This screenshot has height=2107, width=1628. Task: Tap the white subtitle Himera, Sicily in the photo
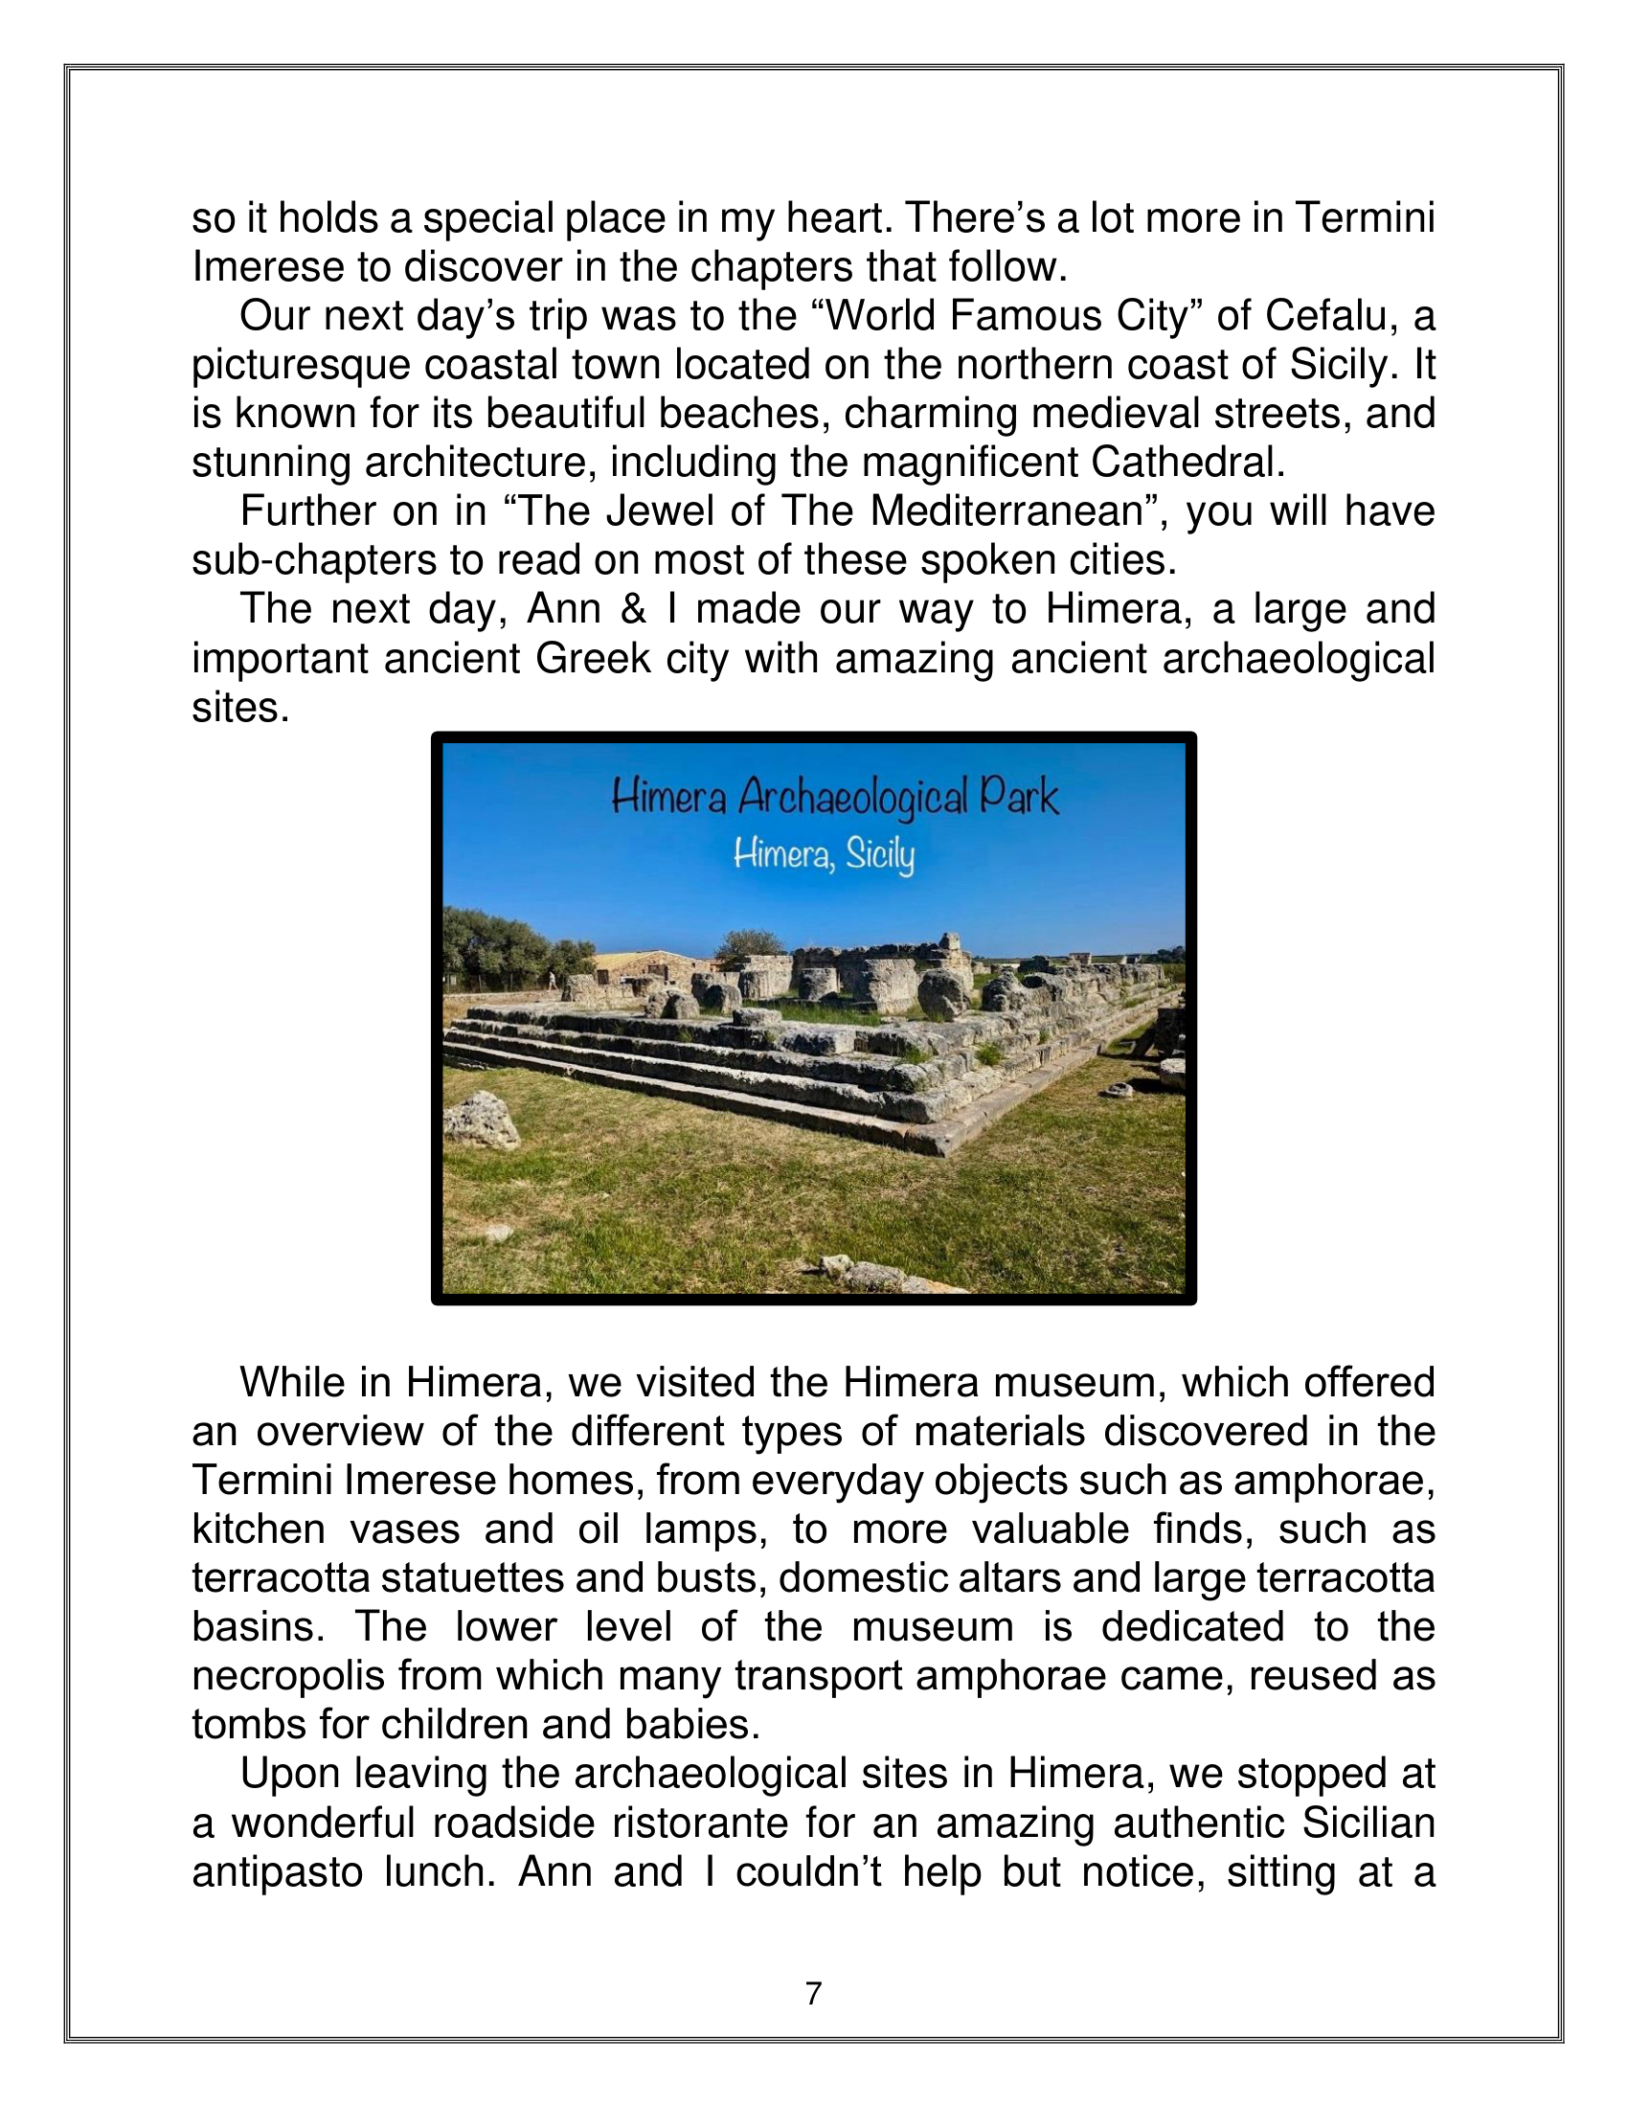click(x=823, y=854)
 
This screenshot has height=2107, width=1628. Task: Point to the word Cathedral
click(x=1187, y=463)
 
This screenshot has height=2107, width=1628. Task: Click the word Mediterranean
click(x=1006, y=511)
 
